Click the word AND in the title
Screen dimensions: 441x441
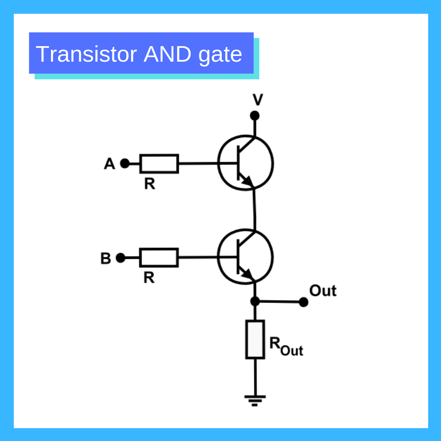(167, 54)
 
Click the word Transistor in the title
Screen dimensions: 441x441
(86, 54)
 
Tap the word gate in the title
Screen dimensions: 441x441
(220, 55)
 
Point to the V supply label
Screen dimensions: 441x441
(258, 100)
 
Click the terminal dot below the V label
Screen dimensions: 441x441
(255, 116)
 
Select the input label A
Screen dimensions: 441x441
(109, 164)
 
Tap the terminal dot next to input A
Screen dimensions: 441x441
(125, 164)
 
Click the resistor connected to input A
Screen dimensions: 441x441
(159, 164)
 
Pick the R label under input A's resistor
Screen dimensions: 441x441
(149, 184)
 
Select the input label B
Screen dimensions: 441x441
(105, 258)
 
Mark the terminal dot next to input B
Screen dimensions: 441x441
(120, 258)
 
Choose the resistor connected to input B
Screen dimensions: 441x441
(159, 258)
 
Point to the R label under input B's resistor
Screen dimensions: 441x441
(149, 278)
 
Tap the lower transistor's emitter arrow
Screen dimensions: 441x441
(247, 274)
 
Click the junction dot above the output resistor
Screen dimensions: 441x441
(255, 301)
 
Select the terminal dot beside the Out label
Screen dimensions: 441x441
(303, 302)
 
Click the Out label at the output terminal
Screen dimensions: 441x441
(323, 291)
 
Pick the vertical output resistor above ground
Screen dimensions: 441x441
(255, 339)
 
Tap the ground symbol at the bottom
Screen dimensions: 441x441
(255, 399)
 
